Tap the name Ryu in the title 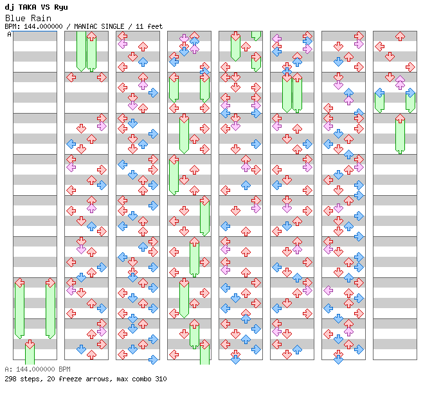(x=60, y=7)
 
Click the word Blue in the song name (x=15, y=18)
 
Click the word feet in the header (x=153, y=26)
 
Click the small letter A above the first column (x=10, y=34)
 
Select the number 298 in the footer (x=10, y=379)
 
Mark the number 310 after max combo (x=160, y=379)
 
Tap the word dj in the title (x=8, y=7)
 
